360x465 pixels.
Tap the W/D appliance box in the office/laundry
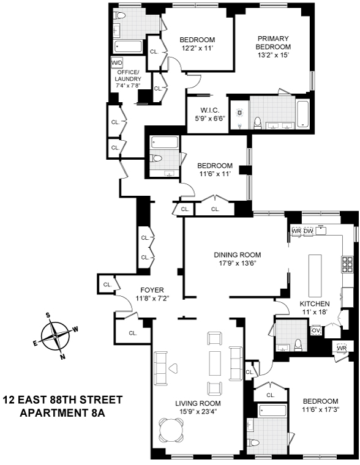point(116,63)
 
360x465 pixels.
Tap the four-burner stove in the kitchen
point(348,264)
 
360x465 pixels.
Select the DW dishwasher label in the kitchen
point(308,231)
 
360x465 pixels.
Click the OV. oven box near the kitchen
point(317,330)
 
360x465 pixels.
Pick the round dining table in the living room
point(171,430)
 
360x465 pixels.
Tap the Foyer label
point(152,290)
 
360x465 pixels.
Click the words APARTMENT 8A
point(62,414)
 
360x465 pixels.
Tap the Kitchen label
point(315,303)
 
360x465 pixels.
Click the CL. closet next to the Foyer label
point(107,285)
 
